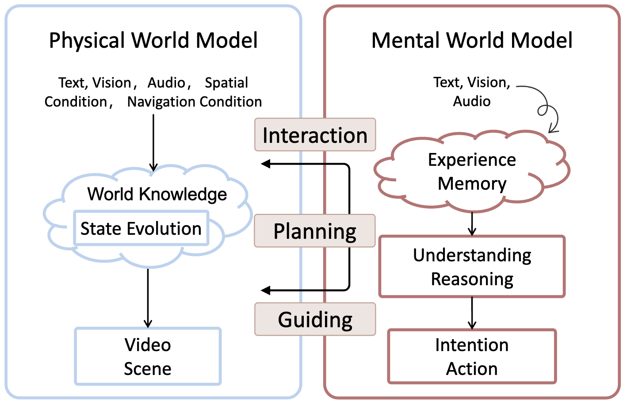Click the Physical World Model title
[x=153, y=41]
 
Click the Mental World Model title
[x=471, y=41]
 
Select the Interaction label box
[x=315, y=135]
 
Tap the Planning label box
[x=315, y=231]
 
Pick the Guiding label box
[x=315, y=319]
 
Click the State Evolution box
[x=141, y=229]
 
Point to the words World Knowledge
[x=157, y=195]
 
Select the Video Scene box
[x=148, y=356]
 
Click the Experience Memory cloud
[x=471, y=172]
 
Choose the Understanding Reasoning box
[x=472, y=267]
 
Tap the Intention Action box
[x=472, y=356]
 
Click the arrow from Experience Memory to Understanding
[x=472, y=224]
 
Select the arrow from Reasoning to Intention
[x=472, y=313]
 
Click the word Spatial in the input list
[x=226, y=83]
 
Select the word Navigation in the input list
[x=161, y=102]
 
